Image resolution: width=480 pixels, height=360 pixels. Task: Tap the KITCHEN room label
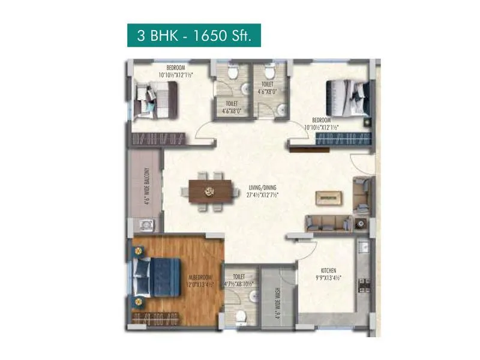[x=328, y=271]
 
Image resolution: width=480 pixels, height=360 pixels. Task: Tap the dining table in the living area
[x=210, y=191]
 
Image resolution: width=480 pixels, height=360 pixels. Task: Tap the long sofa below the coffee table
[x=328, y=223]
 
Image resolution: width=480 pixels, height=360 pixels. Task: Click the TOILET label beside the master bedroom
[x=239, y=277]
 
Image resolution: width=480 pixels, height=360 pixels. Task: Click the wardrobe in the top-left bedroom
[x=155, y=140]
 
